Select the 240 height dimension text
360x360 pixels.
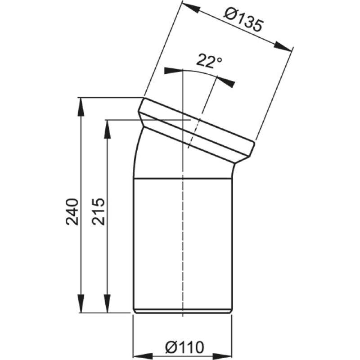pos(72,211)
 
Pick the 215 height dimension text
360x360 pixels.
pos(98,211)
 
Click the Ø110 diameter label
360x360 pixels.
pos(184,347)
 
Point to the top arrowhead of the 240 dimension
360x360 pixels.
pos(81,108)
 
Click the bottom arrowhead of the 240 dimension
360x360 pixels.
pos(81,303)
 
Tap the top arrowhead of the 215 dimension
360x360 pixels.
pos(107,129)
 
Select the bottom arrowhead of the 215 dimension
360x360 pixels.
pos(107,303)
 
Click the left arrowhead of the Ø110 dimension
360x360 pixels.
pos(143,355)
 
